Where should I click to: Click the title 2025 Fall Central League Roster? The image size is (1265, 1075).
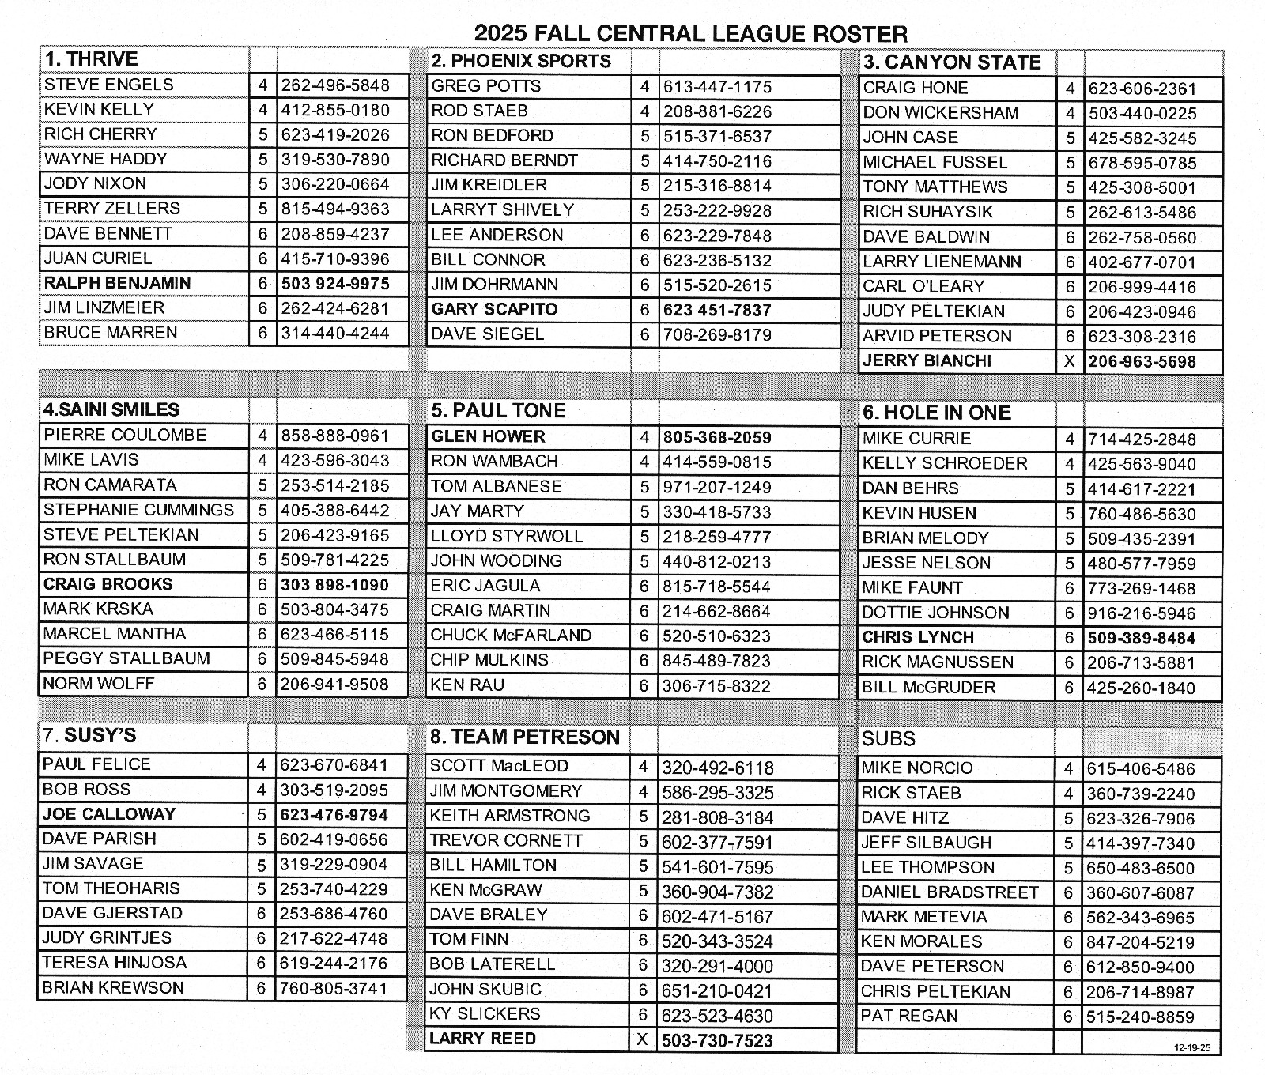point(690,33)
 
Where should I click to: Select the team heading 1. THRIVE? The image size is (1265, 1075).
point(91,59)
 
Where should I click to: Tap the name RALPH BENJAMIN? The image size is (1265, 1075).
point(117,283)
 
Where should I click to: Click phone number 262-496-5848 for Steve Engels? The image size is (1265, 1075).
point(335,85)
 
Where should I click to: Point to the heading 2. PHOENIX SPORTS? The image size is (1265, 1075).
point(520,61)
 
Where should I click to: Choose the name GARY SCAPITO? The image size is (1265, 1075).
point(494,309)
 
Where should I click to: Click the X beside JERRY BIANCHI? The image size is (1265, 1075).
point(1070,361)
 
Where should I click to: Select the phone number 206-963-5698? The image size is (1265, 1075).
point(1142,362)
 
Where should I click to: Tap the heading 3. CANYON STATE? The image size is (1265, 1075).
point(951,62)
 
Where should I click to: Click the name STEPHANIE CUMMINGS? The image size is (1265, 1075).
point(138,510)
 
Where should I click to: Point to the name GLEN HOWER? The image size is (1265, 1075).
point(487,436)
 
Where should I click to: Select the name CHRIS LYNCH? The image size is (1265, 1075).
point(917,637)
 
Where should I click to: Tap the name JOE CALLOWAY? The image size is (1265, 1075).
point(108,814)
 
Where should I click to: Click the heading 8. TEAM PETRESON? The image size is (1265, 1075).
point(524,737)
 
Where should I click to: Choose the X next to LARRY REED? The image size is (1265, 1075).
point(643,1039)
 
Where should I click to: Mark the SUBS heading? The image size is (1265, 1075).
point(888,739)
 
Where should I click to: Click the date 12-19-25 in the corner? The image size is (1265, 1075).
point(1193,1048)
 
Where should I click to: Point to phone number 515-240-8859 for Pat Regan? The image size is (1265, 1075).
point(1140,1017)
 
